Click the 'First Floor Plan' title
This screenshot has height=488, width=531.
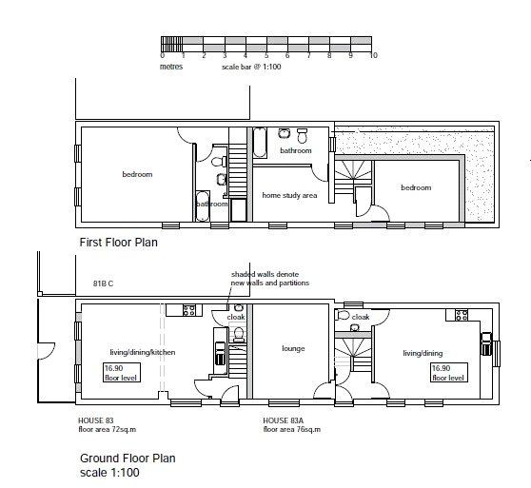click(x=119, y=243)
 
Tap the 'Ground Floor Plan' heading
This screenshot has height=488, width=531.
click(x=128, y=459)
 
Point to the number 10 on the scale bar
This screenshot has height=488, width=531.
click(x=373, y=55)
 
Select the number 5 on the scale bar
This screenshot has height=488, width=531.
click(x=266, y=55)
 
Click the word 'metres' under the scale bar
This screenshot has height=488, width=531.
click(x=171, y=67)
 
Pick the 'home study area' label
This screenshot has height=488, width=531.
click(x=289, y=195)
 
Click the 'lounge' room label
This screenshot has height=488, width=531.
click(x=293, y=348)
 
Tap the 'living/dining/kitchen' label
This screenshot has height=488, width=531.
click(x=143, y=352)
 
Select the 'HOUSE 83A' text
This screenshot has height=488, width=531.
click(x=284, y=420)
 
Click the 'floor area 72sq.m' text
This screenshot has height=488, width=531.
click(x=108, y=429)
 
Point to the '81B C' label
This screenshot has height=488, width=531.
click(x=104, y=283)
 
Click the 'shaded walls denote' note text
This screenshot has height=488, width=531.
click(x=265, y=274)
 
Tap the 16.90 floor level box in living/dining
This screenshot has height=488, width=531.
click(x=449, y=372)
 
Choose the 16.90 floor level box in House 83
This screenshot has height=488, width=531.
click(x=122, y=373)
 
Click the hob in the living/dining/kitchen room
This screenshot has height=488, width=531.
click(x=188, y=310)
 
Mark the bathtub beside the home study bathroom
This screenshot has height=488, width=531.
click(x=260, y=143)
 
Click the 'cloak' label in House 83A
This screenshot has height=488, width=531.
click(x=361, y=317)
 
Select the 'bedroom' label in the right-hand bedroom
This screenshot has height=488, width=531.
click(x=416, y=187)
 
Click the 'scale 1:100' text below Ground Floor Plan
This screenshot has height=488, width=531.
click(x=109, y=473)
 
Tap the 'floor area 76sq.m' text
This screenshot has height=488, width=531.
click(x=292, y=429)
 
